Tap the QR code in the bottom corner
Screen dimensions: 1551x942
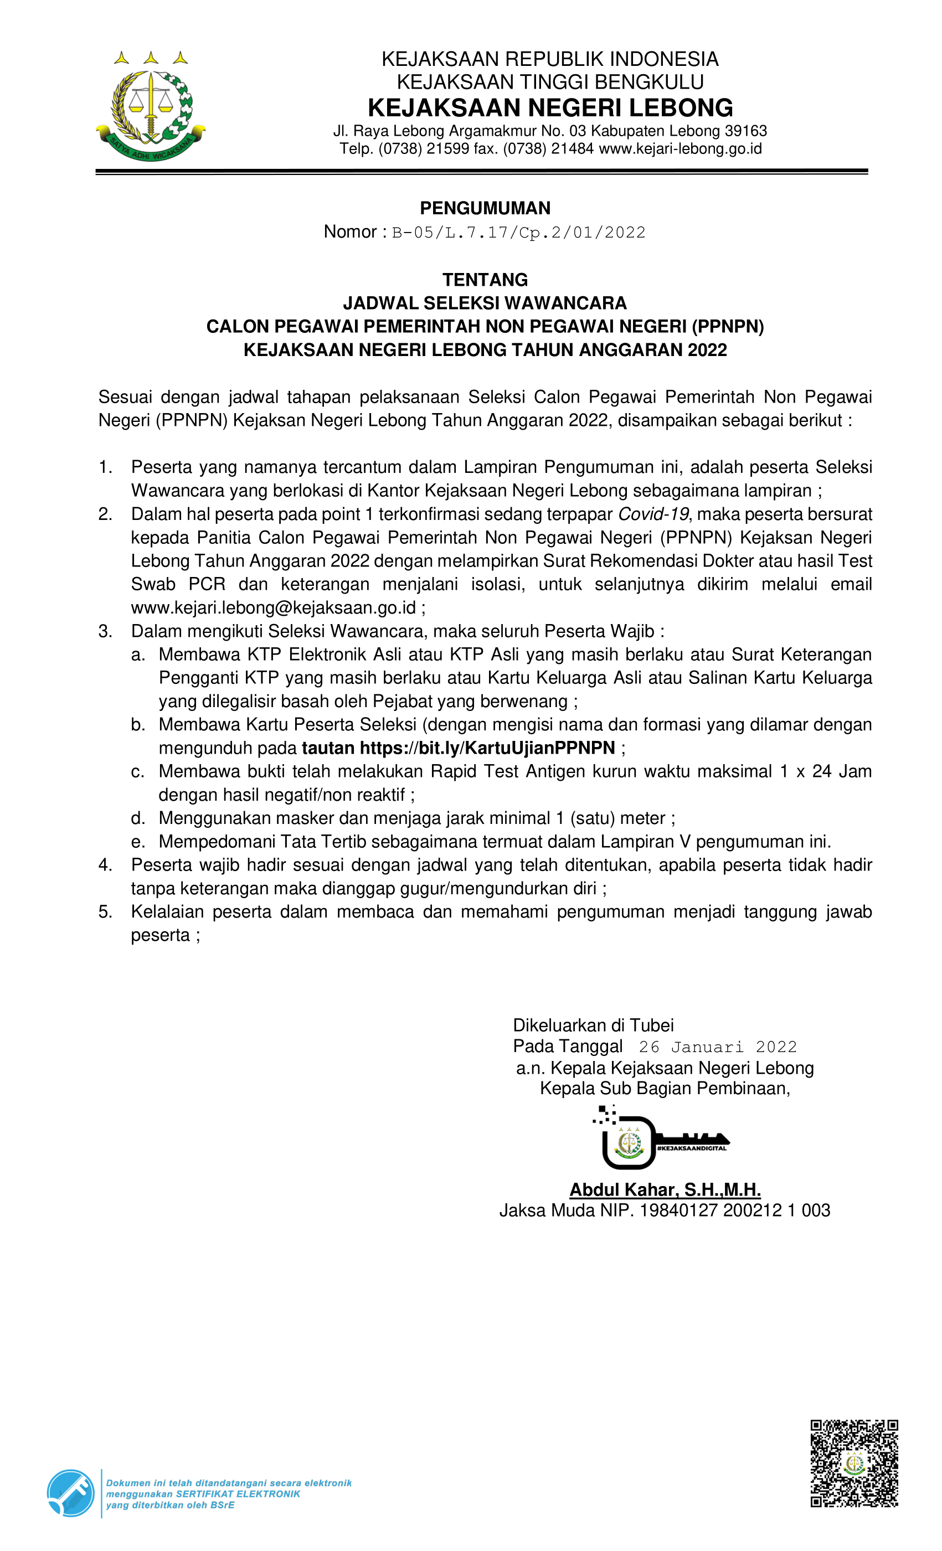click(x=854, y=1463)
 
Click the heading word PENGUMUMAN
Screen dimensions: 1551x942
click(x=485, y=208)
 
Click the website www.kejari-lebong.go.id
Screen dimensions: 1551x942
click(x=680, y=148)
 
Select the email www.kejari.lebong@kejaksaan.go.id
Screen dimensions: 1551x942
click(x=273, y=607)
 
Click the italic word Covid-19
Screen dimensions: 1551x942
click(x=653, y=514)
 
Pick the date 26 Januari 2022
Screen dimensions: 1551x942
click(x=718, y=1047)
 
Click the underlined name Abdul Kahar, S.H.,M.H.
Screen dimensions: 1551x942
click(x=665, y=1189)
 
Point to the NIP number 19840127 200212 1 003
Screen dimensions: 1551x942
click(x=734, y=1210)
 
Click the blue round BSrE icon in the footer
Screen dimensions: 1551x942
click(x=70, y=1493)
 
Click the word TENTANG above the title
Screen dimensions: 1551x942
click(x=485, y=280)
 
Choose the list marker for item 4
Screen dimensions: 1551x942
click(x=105, y=865)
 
